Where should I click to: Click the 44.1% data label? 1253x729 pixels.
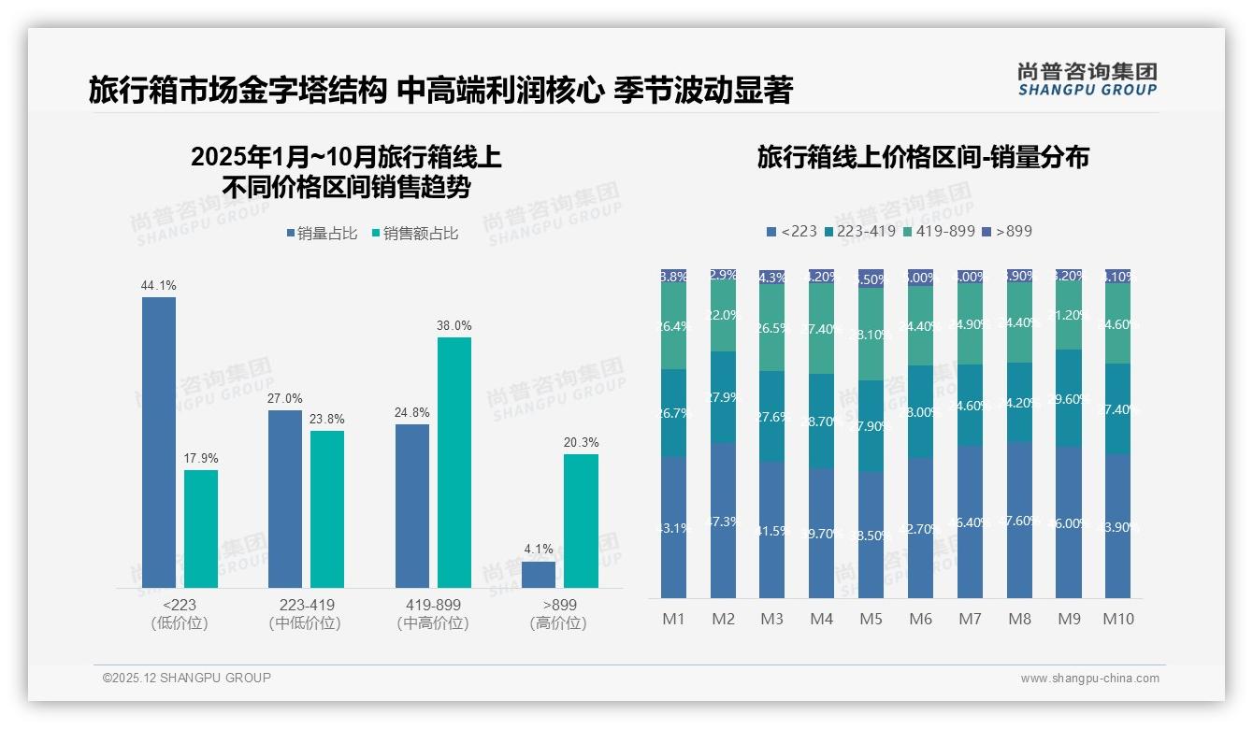(x=158, y=285)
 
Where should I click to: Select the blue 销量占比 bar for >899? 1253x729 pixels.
(x=539, y=575)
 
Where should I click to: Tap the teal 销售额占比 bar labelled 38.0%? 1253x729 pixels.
(x=454, y=463)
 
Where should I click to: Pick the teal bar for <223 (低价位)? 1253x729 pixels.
(x=201, y=529)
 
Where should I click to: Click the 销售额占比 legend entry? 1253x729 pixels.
(x=414, y=234)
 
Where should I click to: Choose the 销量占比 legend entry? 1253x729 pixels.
(x=322, y=234)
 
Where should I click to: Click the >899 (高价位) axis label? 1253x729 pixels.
(x=558, y=614)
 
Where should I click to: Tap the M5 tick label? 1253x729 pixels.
(x=871, y=619)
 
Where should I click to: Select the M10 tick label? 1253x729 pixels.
(x=1117, y=619)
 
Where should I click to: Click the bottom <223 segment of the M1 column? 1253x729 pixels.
(x=673, y=528)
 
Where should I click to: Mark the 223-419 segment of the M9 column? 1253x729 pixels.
(x=1069, y=399)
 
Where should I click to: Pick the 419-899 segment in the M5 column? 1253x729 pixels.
(x=871, y=334)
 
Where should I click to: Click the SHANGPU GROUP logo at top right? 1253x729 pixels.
(x=1087, y=79)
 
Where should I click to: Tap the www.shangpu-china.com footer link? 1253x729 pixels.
(x=1089, y=679)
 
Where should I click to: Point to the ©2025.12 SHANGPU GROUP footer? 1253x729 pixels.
(x=187, y=678)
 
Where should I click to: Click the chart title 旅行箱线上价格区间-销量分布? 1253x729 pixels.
(x=923, y=157)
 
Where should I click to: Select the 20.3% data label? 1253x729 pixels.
(x=582, y=442)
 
